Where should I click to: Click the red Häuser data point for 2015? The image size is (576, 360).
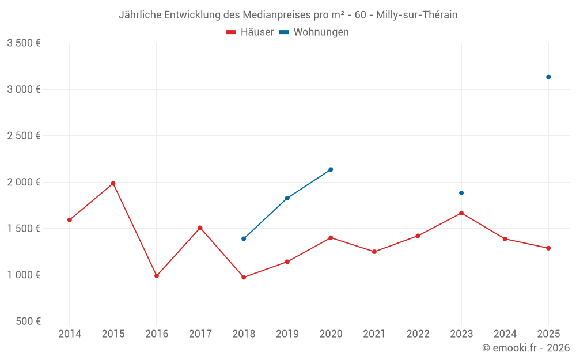pos(113,184)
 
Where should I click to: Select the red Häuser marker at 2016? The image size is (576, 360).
pos(157,276)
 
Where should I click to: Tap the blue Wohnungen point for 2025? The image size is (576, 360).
pos(548,77)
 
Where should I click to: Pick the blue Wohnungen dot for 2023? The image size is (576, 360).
pos(461,193)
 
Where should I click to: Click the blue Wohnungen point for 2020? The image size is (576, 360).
pos(331,169)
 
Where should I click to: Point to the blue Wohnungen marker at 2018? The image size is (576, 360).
pos(244,238)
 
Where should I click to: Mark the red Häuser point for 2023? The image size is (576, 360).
pos(461,213)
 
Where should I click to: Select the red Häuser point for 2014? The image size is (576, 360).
pos(70,220)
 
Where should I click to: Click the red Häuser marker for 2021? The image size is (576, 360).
pos(374,252)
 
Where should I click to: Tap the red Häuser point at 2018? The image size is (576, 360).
pos(244,278)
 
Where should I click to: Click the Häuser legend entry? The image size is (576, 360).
pos(250,32)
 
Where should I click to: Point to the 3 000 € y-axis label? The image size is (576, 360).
pos(24,89)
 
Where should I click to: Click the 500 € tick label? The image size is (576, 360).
pos(28,321)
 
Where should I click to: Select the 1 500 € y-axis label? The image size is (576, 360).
pos(24,229)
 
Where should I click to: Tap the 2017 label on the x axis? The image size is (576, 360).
pos(200,334)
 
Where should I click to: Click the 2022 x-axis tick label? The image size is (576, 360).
pos(418,334)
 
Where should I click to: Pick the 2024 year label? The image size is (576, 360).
pos(505,334)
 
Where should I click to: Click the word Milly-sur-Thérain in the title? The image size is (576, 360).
pos(416,15)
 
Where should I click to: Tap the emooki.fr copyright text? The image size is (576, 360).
pos(525,348)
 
